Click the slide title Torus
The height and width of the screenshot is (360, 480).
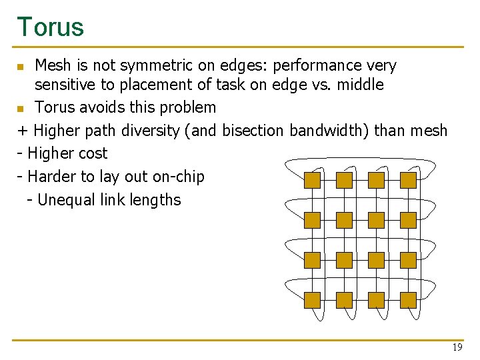(51, 27)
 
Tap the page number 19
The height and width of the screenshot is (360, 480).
(457, 347)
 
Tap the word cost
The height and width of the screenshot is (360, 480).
(92, 153)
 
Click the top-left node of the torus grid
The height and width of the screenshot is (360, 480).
(312, 180)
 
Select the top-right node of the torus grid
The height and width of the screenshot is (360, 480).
(408, 180)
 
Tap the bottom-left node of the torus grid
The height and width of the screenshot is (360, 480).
(312, 300)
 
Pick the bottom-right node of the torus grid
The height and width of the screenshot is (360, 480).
(408, 300)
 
